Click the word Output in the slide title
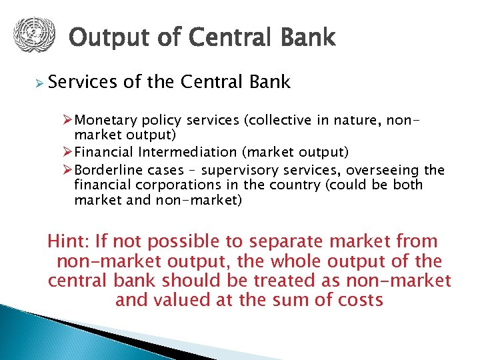point(105,38)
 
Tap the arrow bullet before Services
point(39,83)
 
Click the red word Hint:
point(69,241)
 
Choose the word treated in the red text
point(288,280)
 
